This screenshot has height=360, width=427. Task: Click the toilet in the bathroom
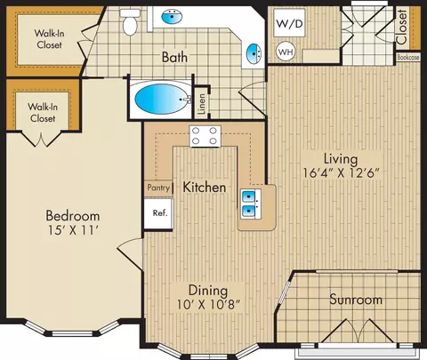tap(130, 22)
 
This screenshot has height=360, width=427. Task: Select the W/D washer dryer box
tap(289, 23)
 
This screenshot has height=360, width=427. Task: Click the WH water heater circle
tap(286, 52)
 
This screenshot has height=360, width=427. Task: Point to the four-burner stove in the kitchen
tap(205, 136)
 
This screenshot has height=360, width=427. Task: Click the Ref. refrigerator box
tap(158, 213)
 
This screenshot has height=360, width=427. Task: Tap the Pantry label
tap(158, 188)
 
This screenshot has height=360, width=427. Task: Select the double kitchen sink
tap(251, 204)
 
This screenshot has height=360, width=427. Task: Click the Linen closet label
tap(202, 104)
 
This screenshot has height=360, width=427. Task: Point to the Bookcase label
tap(408, 58)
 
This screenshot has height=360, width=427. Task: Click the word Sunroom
tap(356, 300)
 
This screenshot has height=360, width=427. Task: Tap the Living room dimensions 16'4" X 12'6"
tap(341, 173)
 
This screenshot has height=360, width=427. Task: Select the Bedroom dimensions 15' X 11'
tap(73, 230)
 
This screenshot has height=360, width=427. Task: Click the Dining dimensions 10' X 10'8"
tap(208, 304)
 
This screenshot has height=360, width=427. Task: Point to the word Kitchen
tap(205, 188)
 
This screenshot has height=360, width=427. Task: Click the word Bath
tap(174, 57)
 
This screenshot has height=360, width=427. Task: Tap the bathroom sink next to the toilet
tap(172, 17)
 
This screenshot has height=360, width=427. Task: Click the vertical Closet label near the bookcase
tap(402, 27)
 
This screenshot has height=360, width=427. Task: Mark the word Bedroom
tap(73, 216)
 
